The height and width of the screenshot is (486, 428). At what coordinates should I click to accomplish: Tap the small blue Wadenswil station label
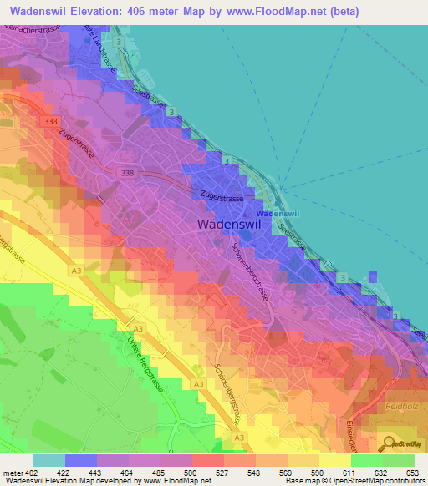[x=283, y=215]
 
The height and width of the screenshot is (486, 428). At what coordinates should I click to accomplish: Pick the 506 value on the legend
[x=191, y=473]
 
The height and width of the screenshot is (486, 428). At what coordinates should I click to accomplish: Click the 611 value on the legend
[x=351, y=473]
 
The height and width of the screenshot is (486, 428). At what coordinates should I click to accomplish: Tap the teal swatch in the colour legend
[x=49, y=460]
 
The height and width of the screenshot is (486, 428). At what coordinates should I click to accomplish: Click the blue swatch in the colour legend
[x=81, y=460]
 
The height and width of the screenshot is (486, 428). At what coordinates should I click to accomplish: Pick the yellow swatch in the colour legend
[x=335, y=460]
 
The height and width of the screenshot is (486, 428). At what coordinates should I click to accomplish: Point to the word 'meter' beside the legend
[x=13, y=473]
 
